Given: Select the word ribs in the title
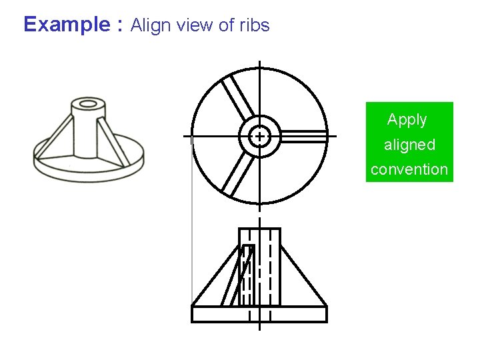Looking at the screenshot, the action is [x=254, y=25].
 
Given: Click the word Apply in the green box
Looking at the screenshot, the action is [x=407, y=120].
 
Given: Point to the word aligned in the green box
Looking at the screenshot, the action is [x=409, y=145].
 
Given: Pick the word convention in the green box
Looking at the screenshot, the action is [x=409, y=169].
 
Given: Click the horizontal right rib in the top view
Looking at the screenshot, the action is [x=303, y=136].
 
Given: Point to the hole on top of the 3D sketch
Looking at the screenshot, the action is [x=88, y=104].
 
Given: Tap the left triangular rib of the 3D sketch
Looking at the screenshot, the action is [x=57, y=137].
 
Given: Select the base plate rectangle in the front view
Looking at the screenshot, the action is [x=259, y=314].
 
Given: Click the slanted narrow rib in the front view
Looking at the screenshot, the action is [x=237, y=277].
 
